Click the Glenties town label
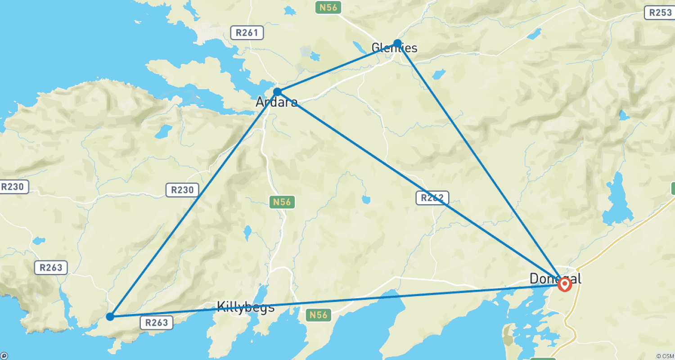pos(395,48)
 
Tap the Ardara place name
pos(276,103)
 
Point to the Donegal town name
pos(555,279)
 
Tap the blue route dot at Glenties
pos(397,43)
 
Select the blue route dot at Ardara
pos(277,92)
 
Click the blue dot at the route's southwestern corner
pos(110,316)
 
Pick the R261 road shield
pos(247,32)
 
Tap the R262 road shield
pos(432,198)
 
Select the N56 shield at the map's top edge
pos(328,7)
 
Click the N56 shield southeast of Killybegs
pos(320,315)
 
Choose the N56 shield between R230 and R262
pos(282,202)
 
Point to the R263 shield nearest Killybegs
pos(157,322)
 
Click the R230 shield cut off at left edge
pos(13,187)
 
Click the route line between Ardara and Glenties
pos(337,67)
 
